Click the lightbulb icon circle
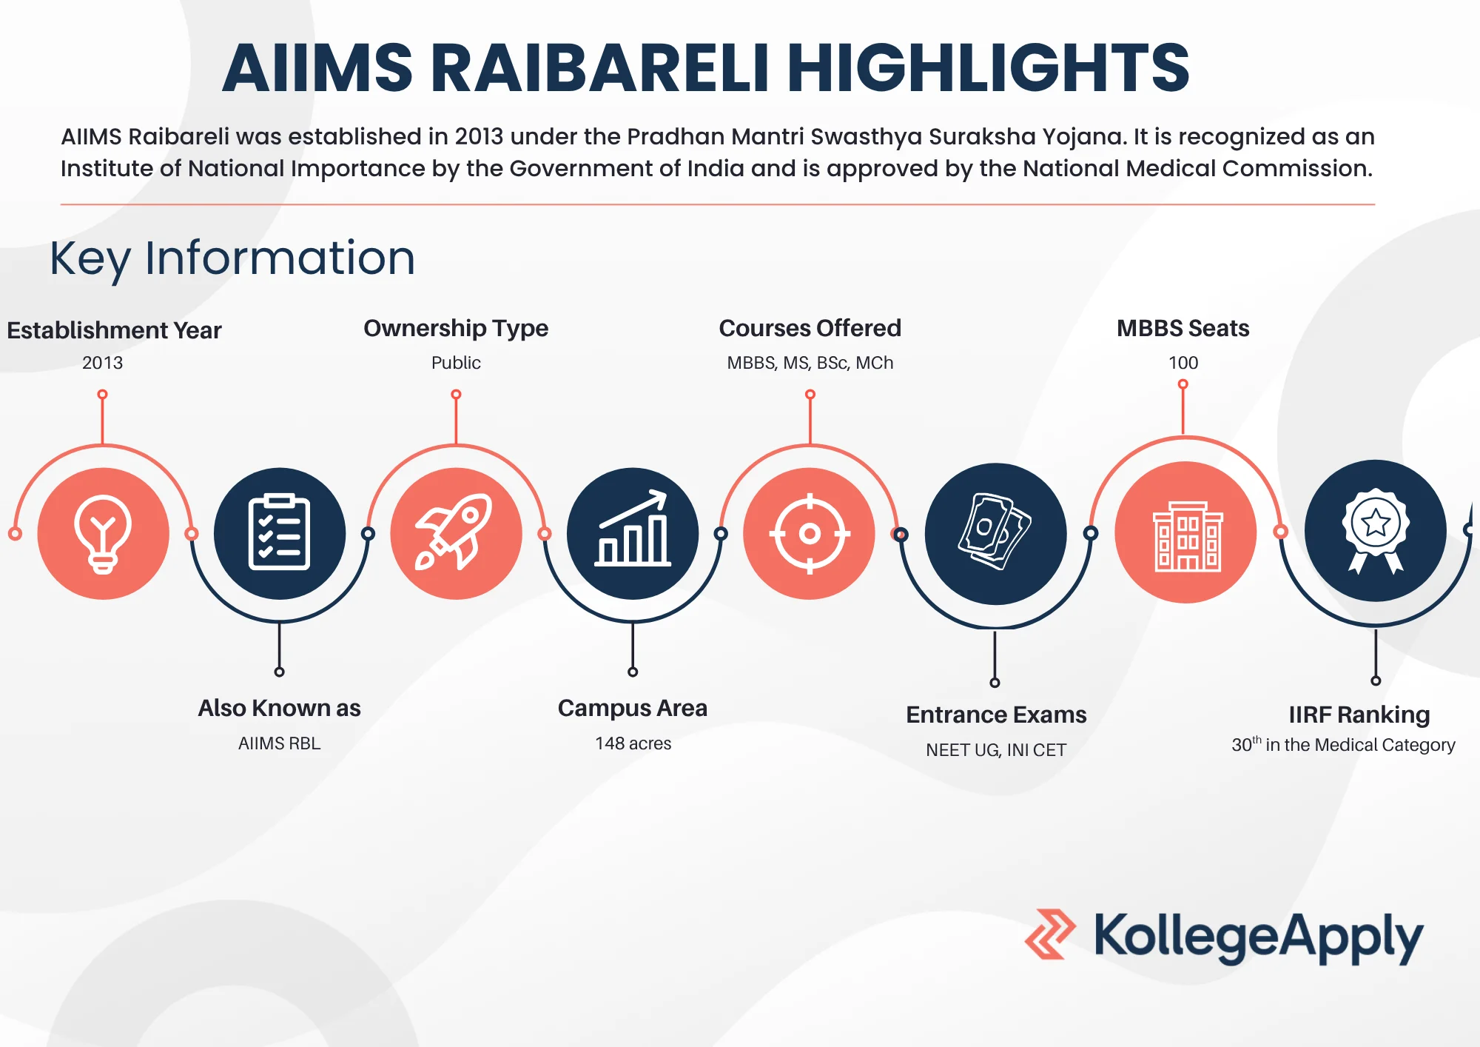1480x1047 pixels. [103, 533]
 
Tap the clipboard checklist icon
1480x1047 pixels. [279, 533]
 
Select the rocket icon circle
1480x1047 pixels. [456, 533]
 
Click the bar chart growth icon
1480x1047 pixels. [633, 533]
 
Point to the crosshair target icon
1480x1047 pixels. [810, 533]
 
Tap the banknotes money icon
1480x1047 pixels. [995, 533]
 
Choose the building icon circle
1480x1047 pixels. [1186, 532]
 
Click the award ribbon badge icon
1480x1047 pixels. [1375, 530]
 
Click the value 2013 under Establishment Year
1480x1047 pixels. [102, 363]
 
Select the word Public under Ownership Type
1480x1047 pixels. [456, 363]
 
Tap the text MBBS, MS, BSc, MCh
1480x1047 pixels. [810, 363]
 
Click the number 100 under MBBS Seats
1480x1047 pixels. [1183, 363]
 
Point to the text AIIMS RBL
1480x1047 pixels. [279, 743]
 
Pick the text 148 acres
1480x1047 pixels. [633, 743]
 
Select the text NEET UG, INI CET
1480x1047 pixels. [995, 750]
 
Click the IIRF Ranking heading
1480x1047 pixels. [1359, 715]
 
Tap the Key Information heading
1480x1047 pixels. [232, 258]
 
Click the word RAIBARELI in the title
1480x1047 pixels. [599, 68]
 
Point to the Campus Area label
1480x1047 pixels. [633, 708]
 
